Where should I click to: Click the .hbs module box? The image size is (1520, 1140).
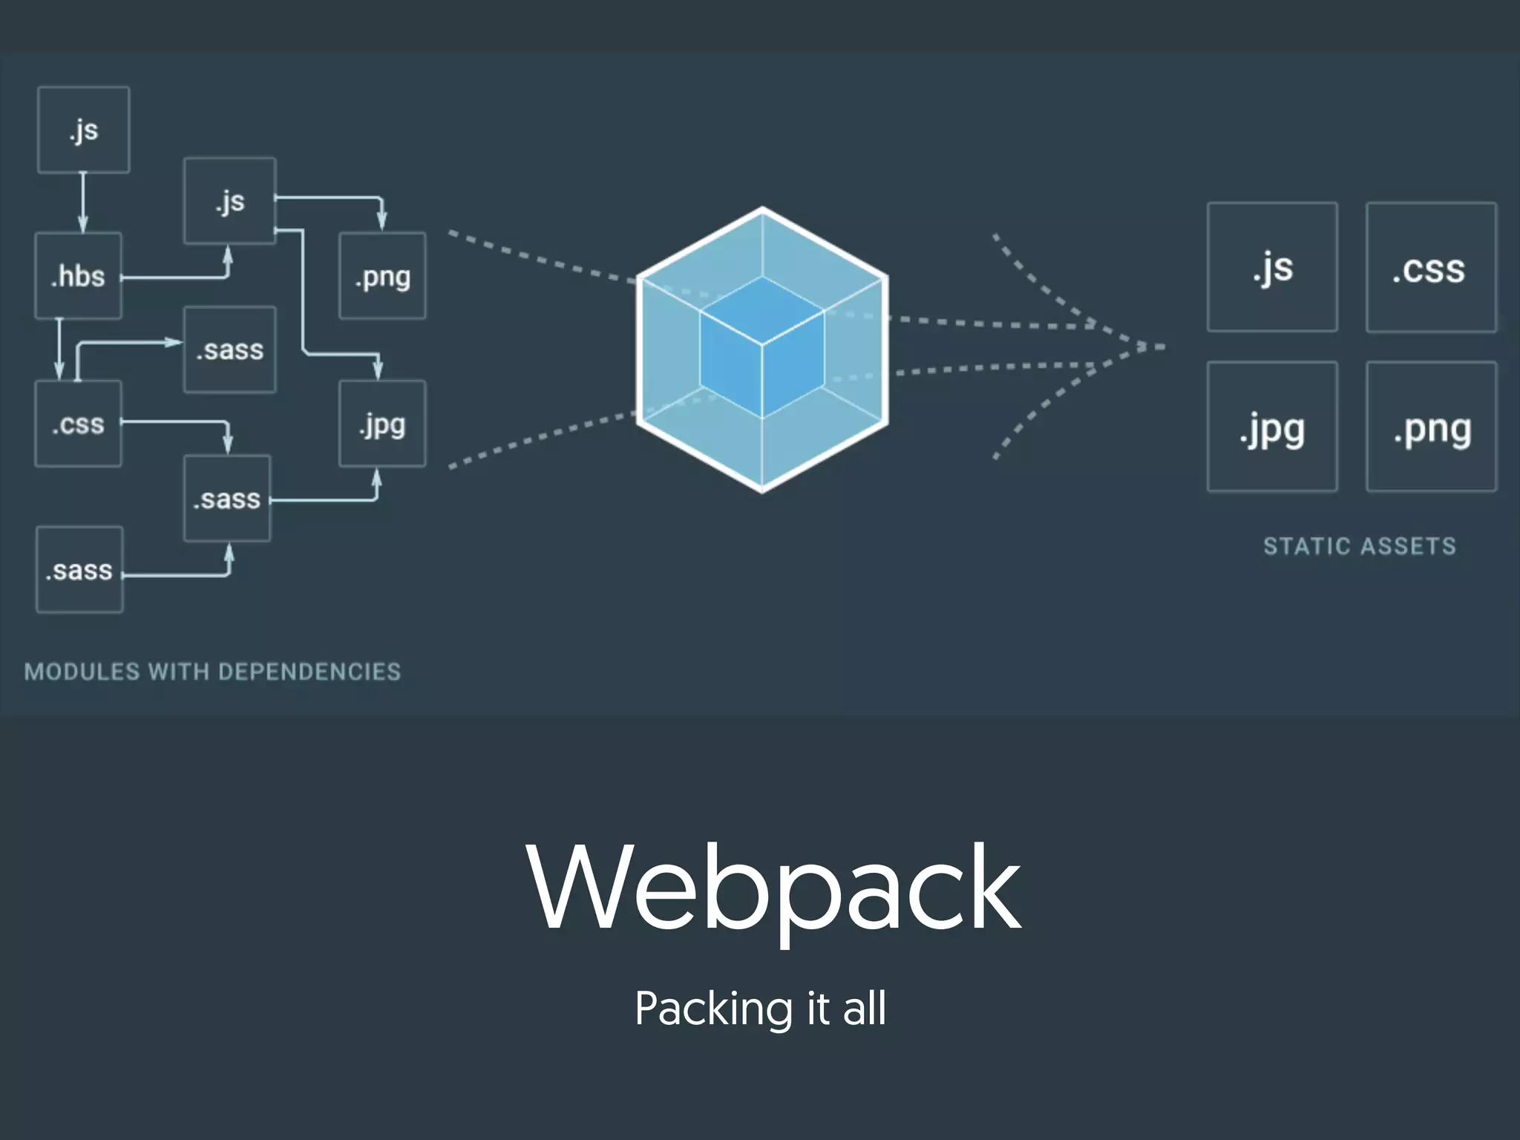78,276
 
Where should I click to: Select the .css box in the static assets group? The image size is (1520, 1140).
1431,267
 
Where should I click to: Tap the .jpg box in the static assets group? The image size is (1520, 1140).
1272,427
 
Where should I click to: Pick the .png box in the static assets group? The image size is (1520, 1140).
1431,427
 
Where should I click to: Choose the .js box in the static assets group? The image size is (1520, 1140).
1272,267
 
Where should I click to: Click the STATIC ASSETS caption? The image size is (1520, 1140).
1360,546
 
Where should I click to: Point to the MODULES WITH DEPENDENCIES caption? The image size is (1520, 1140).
212,672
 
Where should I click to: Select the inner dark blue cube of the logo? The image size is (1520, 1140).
762,347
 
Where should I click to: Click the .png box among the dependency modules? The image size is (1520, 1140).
382,276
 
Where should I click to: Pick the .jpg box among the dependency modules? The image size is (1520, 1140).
382,424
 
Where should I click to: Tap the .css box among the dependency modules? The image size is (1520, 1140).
78,424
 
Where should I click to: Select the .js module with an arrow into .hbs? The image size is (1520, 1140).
83,130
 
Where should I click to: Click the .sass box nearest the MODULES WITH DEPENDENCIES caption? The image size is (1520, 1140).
79,570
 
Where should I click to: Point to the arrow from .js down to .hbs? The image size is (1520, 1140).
83,203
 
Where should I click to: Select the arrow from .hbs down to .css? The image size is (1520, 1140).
59,349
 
